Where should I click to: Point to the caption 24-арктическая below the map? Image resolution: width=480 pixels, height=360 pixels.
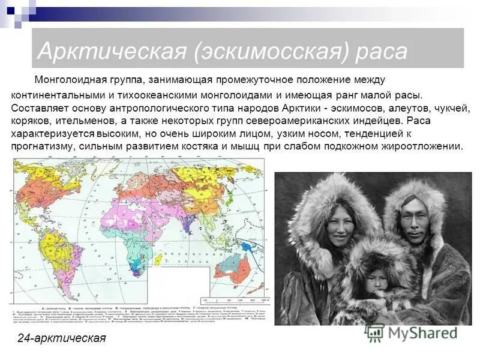[x=62, y=338]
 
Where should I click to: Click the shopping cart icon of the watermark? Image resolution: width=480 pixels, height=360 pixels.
[x=376, y=332]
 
